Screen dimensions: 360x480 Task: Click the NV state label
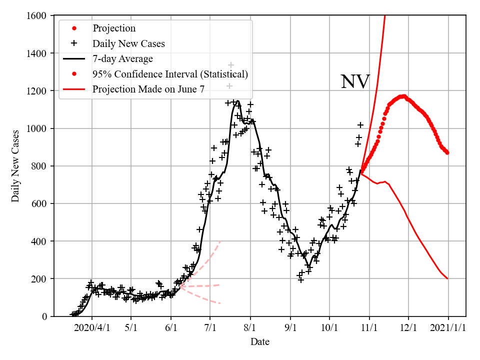coord(355,82)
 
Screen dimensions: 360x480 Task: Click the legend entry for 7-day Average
coord(122,59)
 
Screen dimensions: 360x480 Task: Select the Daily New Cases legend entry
coord(128,44)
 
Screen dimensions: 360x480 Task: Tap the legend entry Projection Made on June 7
coord(148,89)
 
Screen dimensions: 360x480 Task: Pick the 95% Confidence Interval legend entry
coord(170,74)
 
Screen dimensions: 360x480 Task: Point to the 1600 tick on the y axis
coord(38,16)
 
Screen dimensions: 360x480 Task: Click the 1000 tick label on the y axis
coord(38,128)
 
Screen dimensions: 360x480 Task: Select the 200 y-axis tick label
coord(40,278)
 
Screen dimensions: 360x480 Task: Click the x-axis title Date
coord(260,342)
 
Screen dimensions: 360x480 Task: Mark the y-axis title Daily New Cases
coord(15,166)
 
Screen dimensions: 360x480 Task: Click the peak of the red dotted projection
coord(403,96)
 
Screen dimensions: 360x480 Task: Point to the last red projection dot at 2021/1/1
coord(447,152)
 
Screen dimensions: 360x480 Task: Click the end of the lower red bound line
coord(447,278)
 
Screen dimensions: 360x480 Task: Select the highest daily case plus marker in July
coord(231,65)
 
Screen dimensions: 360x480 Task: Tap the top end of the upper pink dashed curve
coord(220,241)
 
